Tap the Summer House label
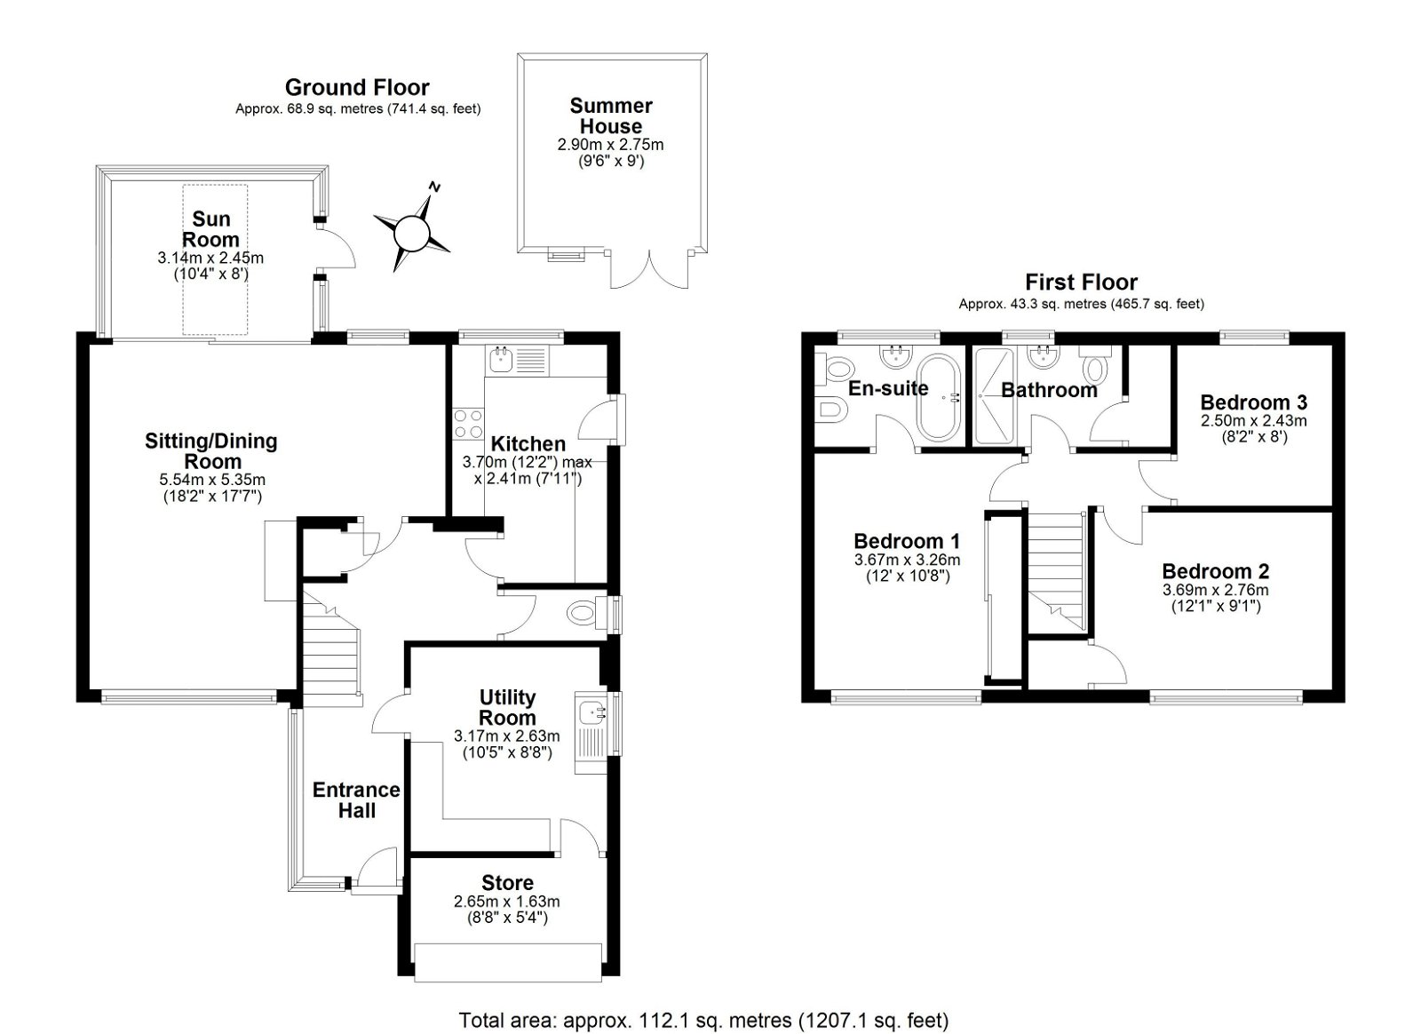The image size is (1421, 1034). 610,116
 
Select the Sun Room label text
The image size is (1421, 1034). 210,229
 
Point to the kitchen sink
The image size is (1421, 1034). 501,360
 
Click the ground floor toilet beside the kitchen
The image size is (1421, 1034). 583,612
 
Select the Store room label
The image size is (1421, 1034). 507,883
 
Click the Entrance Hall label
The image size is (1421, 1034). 356,799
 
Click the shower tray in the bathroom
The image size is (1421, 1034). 998,395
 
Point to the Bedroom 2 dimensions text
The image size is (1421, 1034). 1215,598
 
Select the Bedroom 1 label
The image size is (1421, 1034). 907,541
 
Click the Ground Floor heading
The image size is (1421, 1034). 357,87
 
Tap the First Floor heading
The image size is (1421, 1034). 1081,282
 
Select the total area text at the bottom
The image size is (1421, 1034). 703,1020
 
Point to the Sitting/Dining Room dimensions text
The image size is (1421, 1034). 211,488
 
